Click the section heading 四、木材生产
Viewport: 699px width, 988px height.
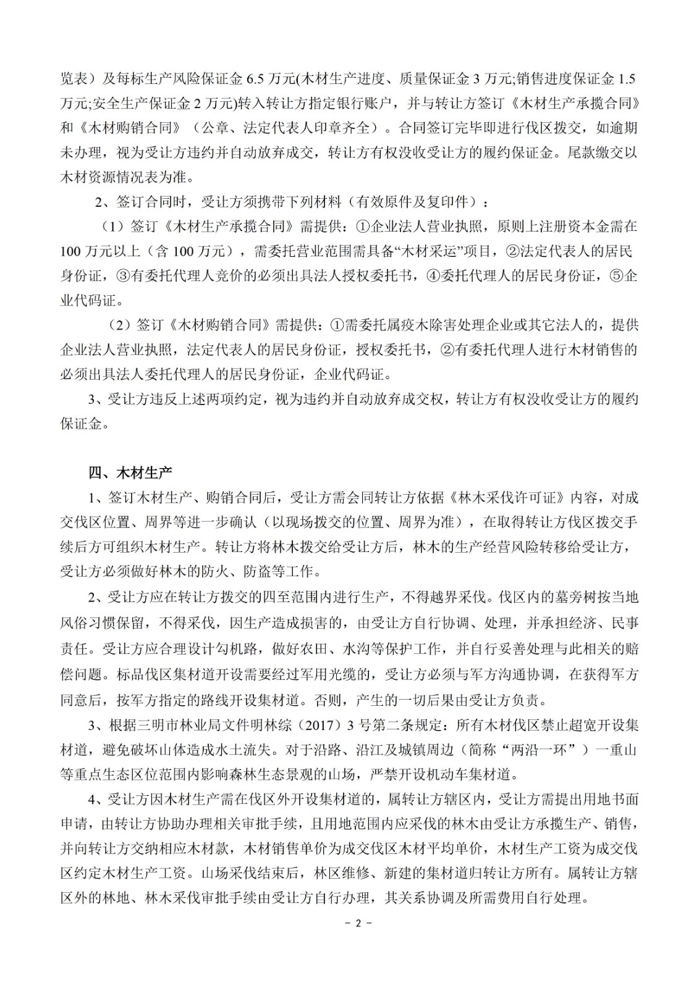(130, 473)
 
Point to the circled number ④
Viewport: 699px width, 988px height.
(434, 276)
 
